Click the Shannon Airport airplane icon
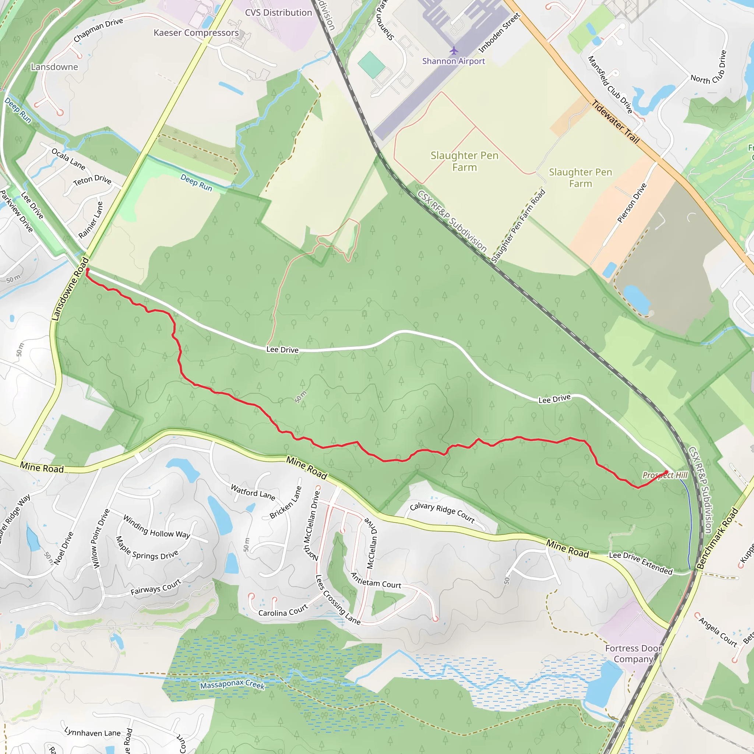tap(454, 50)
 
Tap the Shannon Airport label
tap(454, 61)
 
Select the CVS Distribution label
tap(278, 13)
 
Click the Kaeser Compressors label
tap(196, 33)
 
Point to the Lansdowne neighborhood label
tap(54, 67)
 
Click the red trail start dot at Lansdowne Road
tap(87, 269)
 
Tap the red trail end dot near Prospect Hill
tap(666, 473)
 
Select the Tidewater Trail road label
tap(616, 122)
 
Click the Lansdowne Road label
tap(70, 289)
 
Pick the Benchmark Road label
tap(718, 538)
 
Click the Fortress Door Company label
tap(633, 654)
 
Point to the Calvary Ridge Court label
tap(442, 513)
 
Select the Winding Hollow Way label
tap(156, 527)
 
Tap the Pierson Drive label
tap(632, 203)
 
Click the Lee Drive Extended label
tap(641, 563)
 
